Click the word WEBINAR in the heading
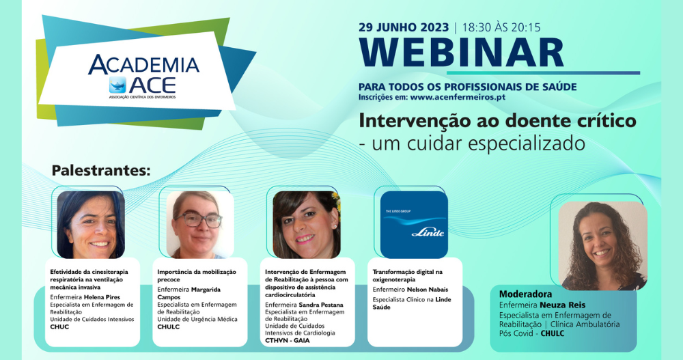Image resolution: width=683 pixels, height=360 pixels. (x=461, y=53)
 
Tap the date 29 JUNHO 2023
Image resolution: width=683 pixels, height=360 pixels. (x=404, y=27)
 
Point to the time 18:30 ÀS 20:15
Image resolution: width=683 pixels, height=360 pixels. (x=501, y=27)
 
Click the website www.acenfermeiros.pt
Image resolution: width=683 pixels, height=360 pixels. (x=458, y=97)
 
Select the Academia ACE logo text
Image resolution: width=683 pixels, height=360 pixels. (x=143, y=74)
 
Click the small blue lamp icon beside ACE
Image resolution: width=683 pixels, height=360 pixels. (x=117, y=85)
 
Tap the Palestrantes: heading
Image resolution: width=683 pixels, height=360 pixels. (x=100, y=170)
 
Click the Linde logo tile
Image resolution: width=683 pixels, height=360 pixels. (x=414, y=225)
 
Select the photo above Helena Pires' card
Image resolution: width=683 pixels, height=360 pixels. (x=91, y=225)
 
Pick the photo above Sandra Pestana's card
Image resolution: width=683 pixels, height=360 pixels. (x=307, y=225)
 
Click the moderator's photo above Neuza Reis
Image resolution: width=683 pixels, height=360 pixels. (x=603, y=245)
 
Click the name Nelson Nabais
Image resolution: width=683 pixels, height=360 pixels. (x=428, y=290)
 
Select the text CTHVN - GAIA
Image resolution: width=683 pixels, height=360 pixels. (x=288, y=340)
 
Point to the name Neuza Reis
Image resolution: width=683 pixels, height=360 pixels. (x=563, y=305)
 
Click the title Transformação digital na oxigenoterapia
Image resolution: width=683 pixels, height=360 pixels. (x=407, y=275)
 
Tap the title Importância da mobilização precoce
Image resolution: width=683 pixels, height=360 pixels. (x=197, y=275)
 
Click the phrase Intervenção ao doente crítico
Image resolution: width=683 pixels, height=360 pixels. (x=497, y=121)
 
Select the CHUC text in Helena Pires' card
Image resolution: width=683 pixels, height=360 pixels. (x=59, y=327)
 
